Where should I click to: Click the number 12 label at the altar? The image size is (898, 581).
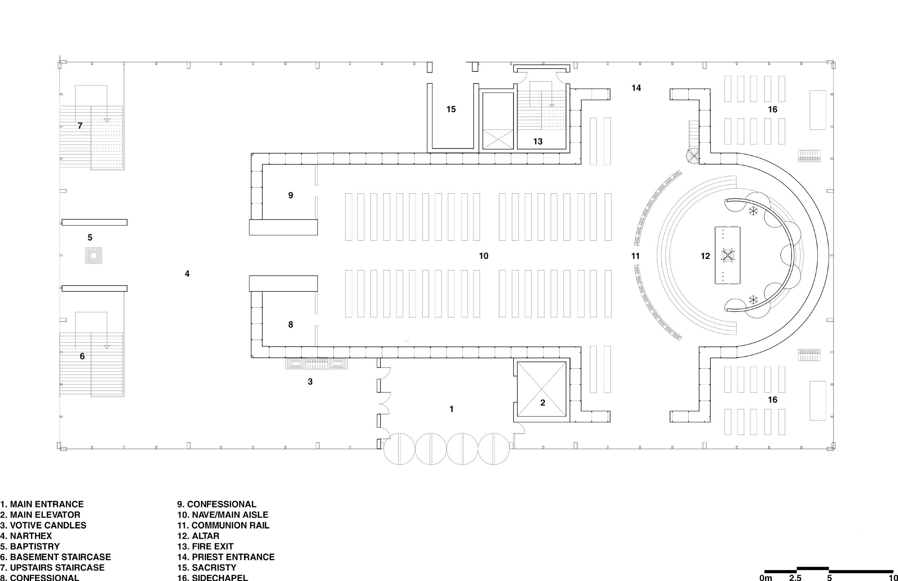pyautogui.click(x=705, y=256)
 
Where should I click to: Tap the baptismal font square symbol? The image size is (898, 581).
pyautogui.click(x=94, y=255)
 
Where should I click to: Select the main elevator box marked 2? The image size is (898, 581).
pyautogui.click(x=542, y=389)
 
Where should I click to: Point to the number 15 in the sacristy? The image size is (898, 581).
pyautogui.click(x=451, y=109)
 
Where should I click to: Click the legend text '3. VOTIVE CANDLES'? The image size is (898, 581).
pyautogui.click(x=43, y=525)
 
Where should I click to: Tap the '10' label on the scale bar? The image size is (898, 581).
pyautogui.click(x=893, y=578)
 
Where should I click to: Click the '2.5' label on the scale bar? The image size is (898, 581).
pyautogui.click(x=795, y=578)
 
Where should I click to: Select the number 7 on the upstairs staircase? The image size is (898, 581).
pyautogui.click(x=80, y=126)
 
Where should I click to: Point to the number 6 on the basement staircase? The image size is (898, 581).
pyautogui.click(x=82, y=356)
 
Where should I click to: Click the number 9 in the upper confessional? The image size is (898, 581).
pyautogui.click(x=290, y=195)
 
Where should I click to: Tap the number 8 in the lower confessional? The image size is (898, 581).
pyautogui.click(x=290, y=324)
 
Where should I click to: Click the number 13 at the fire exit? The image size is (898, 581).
pyautogui.click(x=538, y=142)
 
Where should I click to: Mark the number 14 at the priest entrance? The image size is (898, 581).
pyautogui.click(x=636, y=88)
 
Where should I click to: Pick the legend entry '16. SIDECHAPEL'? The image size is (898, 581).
pyautogui.click(x=213, y=577)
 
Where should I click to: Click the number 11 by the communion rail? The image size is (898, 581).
pyautogui.click(x=635, y=256)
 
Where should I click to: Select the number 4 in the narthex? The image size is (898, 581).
pyautogui.click(x=187, y=274)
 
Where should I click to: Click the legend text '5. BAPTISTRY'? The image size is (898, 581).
pyautogui.click(x=30, y=546)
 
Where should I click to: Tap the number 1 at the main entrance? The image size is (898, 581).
pyautogui.click(x=451, y=409)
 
